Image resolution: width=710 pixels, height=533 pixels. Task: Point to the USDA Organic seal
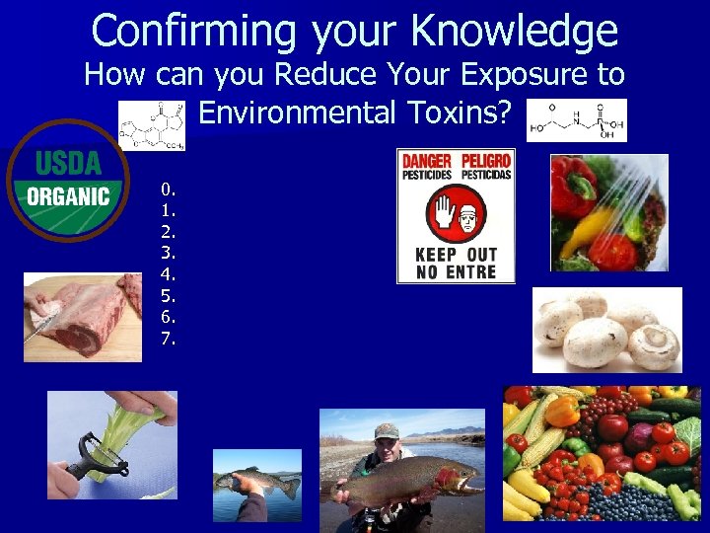[x=67, y=180]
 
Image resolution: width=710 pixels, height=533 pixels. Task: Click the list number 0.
[x=169, y=189]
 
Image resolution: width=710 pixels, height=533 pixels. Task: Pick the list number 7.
[x=169, y=340]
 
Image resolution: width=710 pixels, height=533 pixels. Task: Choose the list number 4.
[x=169, y=274]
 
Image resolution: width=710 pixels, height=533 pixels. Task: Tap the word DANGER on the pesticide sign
[x=427, y=160]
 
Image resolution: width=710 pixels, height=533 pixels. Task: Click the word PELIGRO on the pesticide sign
[x=484, y=160]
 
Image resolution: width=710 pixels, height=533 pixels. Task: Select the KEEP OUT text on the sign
[x=456, y=255]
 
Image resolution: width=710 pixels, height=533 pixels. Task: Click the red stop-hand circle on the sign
[x=456, y=212]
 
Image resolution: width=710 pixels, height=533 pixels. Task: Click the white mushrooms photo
[x=606, y=330]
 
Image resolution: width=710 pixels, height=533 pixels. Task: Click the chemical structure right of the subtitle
[x=577, y=120]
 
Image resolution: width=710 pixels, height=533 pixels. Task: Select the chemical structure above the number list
[x=151, y=125]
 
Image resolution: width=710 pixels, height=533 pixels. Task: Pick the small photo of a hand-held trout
[x=257, y=485]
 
